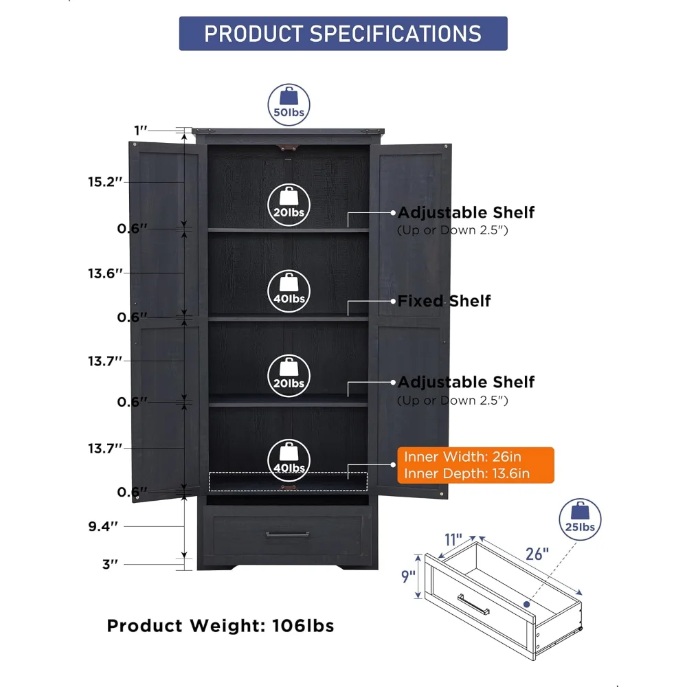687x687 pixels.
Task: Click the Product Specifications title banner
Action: (343, 34)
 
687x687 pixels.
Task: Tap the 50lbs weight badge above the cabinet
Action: (289, 105)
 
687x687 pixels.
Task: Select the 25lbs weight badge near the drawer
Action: (580, 519)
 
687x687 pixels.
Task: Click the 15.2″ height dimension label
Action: (105, 182)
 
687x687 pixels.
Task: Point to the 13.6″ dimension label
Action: (105, 273)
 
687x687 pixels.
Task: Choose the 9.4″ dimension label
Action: (104, 526)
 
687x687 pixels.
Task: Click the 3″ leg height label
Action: (110, 564)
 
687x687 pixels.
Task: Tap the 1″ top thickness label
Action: (141, 130)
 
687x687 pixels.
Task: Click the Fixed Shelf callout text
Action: (444, 301)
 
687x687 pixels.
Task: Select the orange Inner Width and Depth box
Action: (475, 465)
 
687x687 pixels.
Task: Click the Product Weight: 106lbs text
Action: (221, 626)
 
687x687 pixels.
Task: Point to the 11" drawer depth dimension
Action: (453, 539)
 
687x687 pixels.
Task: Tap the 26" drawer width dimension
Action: (537, 554)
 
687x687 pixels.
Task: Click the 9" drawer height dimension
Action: (408, 576)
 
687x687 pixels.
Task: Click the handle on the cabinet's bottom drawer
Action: (287, 534)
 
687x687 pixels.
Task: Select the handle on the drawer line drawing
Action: (473, 604)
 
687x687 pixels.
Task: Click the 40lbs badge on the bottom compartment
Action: (289, 460)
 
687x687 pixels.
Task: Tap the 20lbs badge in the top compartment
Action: (289, 205)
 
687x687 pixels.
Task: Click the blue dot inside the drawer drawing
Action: (527, 604)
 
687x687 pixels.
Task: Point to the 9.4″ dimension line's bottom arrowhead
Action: (184, 556)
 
